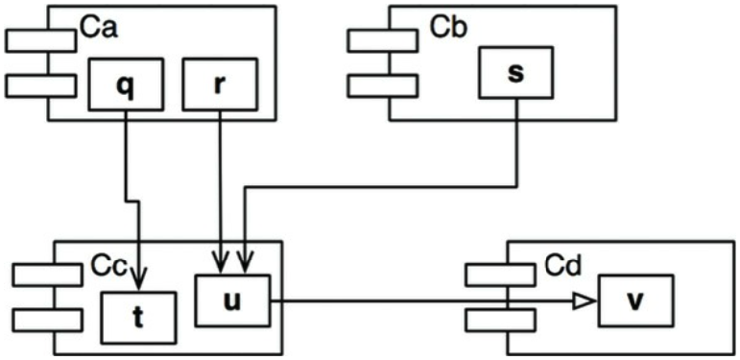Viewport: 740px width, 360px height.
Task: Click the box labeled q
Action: tap(126, 84)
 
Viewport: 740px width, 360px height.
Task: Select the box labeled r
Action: tap(220, 84)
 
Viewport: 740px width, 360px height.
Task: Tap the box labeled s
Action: tap(516, 72)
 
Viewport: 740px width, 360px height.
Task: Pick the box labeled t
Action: tap(139, 318)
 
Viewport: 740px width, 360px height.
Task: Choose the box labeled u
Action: tap(232, 301)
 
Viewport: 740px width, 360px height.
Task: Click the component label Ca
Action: tap(98, 28)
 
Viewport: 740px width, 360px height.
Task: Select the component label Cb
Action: tap(449, 28)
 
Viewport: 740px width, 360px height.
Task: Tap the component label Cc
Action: tap(108, 267)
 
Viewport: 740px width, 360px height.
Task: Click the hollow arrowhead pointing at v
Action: tap(584, 300)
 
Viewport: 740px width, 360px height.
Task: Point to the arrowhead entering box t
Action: tap(139, 278)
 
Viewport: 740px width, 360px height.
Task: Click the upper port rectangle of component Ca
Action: tap(40, 40)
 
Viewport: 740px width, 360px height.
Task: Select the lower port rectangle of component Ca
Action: tap(40, 85)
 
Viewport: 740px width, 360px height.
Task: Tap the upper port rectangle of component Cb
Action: tap(383, 40)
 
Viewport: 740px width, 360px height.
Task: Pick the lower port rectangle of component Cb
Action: tap(383, 85)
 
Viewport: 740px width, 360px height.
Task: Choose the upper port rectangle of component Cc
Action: tap(47, 276)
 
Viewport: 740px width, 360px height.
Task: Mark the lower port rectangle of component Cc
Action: tap(47, 321)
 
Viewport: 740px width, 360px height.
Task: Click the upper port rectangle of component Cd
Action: tap(500, 276)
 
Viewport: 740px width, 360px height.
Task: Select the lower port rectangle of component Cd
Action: tap(500, 321)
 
